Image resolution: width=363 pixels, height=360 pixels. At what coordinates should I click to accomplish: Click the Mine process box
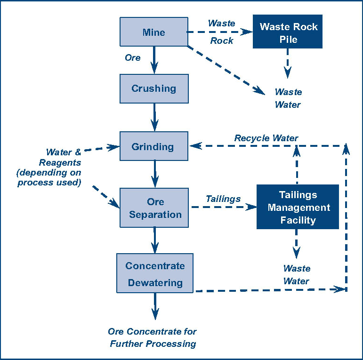pos(154,32)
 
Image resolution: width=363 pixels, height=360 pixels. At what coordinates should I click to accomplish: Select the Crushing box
pos(154,88)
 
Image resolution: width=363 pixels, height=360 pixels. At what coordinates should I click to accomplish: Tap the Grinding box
pos(154,146)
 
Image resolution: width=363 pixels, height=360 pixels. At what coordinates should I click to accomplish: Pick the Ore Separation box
pos(155,208)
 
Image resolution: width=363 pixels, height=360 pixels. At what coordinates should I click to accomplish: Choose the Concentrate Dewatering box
pos(155,274)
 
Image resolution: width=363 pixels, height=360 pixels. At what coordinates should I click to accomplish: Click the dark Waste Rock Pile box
pos(288,32)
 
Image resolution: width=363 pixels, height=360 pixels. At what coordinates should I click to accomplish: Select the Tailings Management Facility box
pos(298,207)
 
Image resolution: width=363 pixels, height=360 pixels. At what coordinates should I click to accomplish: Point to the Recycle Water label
pos(266,138)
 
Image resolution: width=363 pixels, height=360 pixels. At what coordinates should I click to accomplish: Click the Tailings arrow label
pos(223,199)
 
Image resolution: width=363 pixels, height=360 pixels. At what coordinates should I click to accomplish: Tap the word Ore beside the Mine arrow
pos(132,57)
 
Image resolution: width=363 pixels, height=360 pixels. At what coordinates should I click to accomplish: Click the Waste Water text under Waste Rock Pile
pos(288,98)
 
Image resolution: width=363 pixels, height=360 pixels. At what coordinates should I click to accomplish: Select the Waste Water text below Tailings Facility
pos(297,275)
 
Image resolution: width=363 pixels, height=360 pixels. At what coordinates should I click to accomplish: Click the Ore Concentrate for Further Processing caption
pos(153,337)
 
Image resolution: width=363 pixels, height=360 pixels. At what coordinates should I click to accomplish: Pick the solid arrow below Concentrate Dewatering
pos(155,306)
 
